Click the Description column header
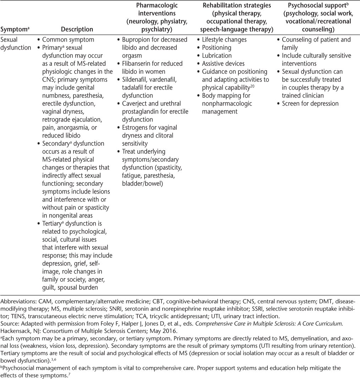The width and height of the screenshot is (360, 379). click(x=77, y=29)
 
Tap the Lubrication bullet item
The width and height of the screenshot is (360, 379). click(x=217, y=56)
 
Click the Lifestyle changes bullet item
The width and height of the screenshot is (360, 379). click(x=224, y=40)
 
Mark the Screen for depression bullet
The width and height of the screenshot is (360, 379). click(x=310, y=103)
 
